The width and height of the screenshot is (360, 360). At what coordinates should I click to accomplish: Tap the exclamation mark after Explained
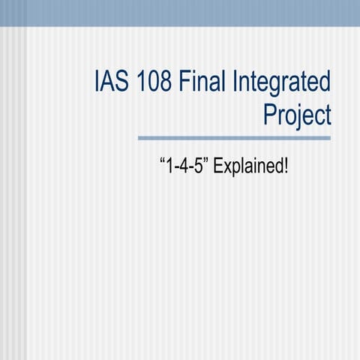point(285,163)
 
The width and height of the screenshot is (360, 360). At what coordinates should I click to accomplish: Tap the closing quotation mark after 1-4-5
point(206,159)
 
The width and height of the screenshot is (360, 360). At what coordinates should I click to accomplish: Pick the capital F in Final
point(187,81)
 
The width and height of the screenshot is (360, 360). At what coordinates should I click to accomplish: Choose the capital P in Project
point(271,115)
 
